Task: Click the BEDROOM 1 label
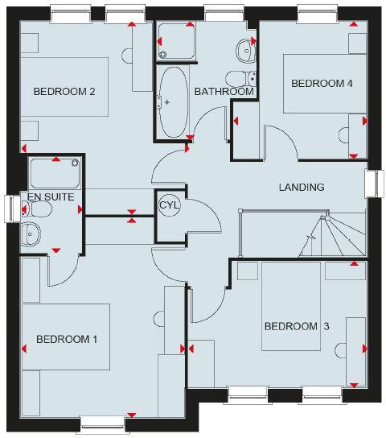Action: [x=67, y=339]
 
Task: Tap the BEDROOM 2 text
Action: [x=64, y=91]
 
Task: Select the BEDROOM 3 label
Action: [x=297, y=326]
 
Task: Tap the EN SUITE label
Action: [x=51, y=196]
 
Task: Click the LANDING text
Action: [x=302, y=188]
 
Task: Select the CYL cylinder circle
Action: [x=169, y=205]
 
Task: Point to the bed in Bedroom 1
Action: [x=65, y=337]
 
